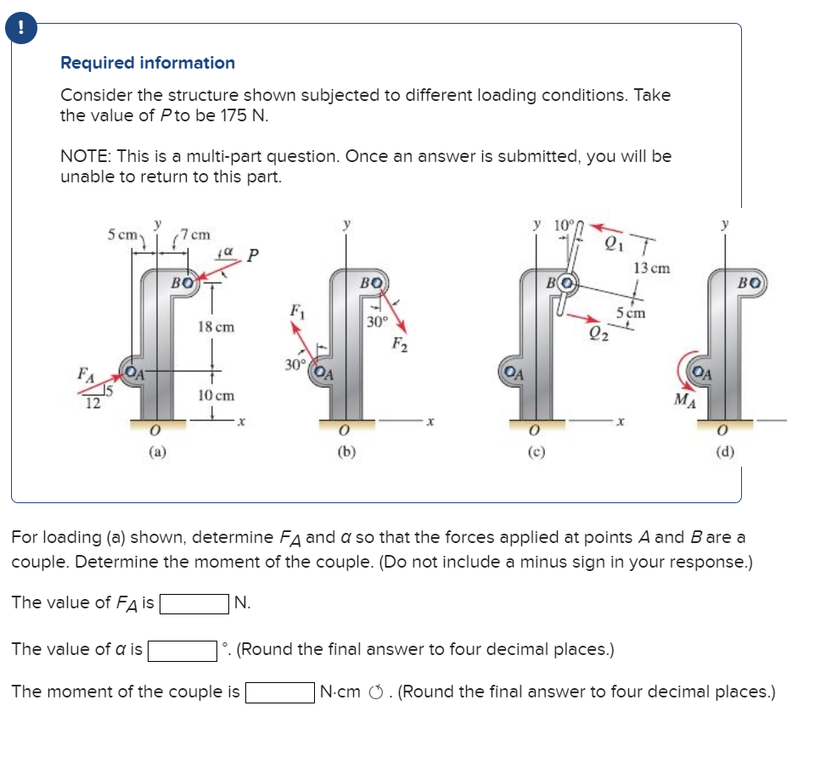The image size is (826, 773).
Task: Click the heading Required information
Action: point(148,63)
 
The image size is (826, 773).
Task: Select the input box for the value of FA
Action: point(193,603)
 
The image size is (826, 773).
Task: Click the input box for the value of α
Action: point(181,650)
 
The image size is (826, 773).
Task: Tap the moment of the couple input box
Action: point(279,692)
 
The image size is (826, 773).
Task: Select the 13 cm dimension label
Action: point(651,268)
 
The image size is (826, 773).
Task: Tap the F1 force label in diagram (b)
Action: point(295,310)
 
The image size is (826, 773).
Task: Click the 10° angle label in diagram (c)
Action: point(564,227)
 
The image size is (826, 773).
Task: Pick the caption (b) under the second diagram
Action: point(346,451)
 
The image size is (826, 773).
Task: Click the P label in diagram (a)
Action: point(253,255)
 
